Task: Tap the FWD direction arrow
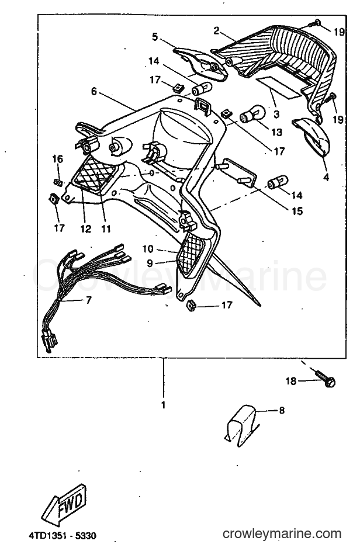64,505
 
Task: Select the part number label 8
282,410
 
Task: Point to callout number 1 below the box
164,405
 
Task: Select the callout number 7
88,300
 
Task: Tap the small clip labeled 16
58,182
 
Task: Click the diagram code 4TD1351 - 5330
63,535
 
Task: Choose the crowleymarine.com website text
282,534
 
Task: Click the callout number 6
94,92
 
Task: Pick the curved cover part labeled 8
243,425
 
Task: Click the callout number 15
297,211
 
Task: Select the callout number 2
216,31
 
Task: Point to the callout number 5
154,37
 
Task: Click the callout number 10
148,249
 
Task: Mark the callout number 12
86,229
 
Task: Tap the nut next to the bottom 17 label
192,305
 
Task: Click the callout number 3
276,115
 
